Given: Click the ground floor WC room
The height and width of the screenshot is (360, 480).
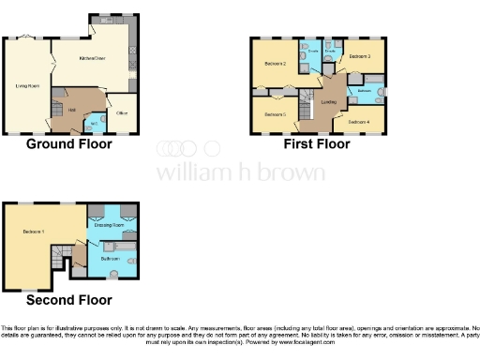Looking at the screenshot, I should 95,124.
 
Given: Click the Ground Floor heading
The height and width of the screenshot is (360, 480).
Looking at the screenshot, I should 69,144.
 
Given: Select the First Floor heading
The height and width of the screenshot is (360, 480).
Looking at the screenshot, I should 317,144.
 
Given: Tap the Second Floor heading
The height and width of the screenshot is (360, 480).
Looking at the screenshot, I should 68,300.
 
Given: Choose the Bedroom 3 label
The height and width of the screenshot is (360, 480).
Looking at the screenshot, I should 361,57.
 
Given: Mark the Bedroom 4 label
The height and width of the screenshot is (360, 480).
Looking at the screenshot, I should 359,122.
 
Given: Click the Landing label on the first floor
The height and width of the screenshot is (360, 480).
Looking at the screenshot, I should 328,102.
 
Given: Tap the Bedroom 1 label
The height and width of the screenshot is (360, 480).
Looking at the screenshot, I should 35,232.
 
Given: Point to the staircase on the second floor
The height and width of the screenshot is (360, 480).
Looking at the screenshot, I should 63,253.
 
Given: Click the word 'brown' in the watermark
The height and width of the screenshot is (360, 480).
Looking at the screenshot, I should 296,173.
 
